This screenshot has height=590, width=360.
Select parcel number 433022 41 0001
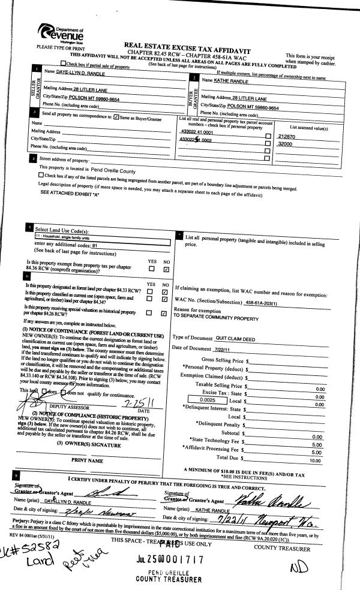click(x=197, y=132)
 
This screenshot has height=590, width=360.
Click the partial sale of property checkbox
click(x=64, y=64)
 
